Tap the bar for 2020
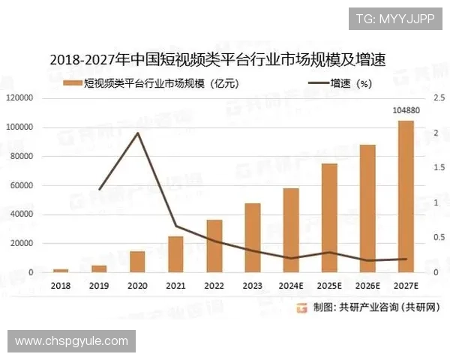[x=137, y=262]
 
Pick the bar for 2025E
[x=329, y=217]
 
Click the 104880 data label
[x=406, y=111]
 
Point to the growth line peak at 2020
[x=137, y=133]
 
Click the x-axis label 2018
[x=61, y=286]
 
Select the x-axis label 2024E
[x=291, y=286]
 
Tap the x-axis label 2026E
[x=367, y=286]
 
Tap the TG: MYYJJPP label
[x=394, y=18]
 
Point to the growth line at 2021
[x=175, y=226]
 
